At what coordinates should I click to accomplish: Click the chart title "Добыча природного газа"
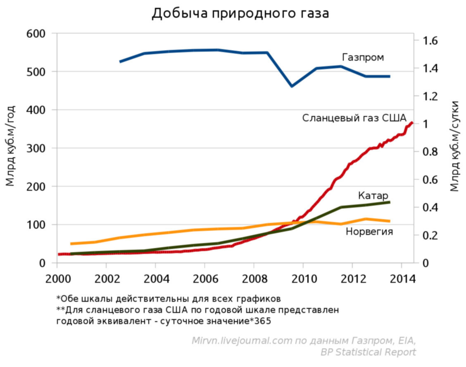[240, 14]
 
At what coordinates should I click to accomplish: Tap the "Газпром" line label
[363, 57]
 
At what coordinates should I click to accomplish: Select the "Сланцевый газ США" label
[354, 118]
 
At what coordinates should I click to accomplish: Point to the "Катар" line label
[373, 195]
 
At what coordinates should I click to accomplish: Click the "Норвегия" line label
[369, 232]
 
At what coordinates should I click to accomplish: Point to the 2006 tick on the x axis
[204, 277]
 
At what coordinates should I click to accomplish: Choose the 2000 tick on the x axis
[57, 277]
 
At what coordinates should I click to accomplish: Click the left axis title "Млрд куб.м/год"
[11, 145]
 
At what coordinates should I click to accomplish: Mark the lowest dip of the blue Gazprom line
[292, 86]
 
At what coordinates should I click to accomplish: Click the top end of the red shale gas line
[412, 123]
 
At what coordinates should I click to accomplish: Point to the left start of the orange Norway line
[71, 244]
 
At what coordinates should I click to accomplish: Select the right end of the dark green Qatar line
[390, 202]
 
